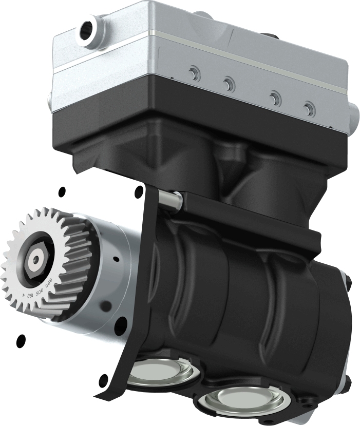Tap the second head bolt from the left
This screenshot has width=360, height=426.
tap(229, 84)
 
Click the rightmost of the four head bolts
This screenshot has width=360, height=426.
tap(308, 108)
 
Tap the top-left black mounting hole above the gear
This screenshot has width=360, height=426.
tap(62, 192)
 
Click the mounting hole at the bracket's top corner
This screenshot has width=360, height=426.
tap(139, 192)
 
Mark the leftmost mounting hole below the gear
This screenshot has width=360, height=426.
tap(21, 339)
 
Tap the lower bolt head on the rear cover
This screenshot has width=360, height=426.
tap(348, 380)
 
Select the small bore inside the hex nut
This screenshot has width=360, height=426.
tap(35, 261)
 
